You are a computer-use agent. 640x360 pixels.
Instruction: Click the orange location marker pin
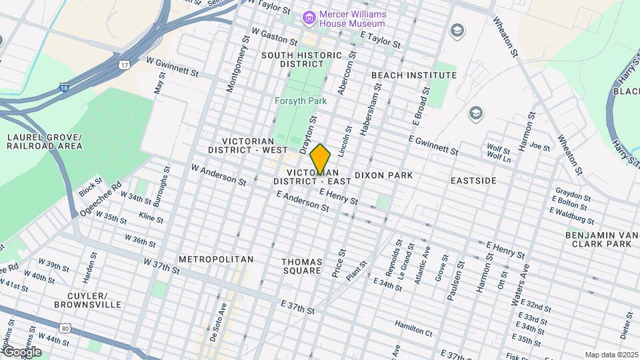tap(320, 159)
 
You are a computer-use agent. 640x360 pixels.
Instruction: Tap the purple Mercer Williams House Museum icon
tap(309, 17)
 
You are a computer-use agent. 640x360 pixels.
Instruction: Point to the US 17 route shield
tap(124, 65)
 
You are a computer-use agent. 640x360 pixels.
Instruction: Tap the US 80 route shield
tap(65, 328)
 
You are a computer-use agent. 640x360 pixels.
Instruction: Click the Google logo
tap(21, 352)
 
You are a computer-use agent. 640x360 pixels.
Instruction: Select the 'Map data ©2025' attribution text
tap(611, 355)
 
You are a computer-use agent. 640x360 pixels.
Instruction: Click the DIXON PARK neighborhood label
tap(383, 175)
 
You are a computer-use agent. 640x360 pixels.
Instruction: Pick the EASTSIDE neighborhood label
tap(473, 181)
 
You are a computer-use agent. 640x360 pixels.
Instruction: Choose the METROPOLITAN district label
tap(216, 259)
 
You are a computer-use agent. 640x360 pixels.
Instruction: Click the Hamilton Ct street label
tap(413, 327)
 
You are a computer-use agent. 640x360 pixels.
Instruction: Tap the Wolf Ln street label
tap(499, 159)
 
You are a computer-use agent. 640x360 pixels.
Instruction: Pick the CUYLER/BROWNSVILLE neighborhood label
tap(95, 300)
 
